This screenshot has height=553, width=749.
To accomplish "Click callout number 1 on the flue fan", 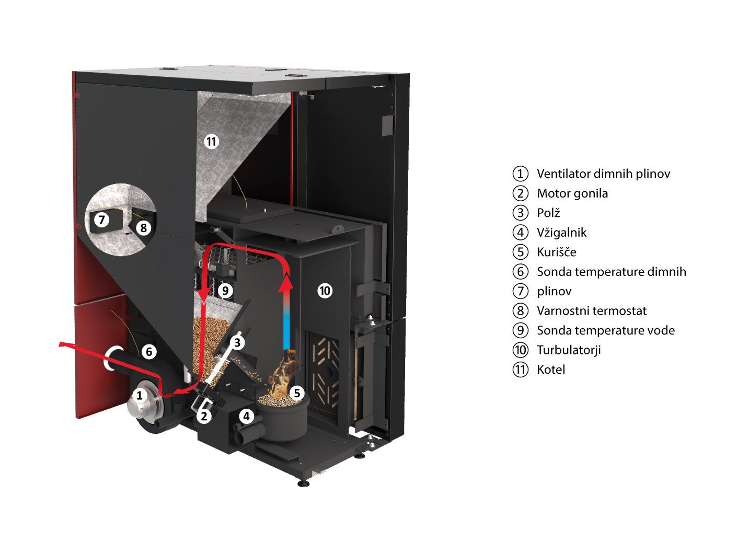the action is pos(139,395).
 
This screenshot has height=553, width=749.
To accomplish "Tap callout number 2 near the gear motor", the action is pos(204,416).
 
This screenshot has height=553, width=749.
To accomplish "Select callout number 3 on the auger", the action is pos(237,342).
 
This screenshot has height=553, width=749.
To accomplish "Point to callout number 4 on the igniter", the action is pos(246,416).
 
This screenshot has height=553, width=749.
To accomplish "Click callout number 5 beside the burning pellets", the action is pos(297,393).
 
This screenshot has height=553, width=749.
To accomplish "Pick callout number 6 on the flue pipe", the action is pos(149,352).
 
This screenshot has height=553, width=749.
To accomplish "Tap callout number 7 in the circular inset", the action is pos(101,220).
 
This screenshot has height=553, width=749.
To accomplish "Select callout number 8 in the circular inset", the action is pos(144,228).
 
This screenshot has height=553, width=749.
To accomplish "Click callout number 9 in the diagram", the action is pos(225,291).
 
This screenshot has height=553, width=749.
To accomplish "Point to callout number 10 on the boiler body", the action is pos(325,291).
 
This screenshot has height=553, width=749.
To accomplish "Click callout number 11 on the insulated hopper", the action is pos(211,141).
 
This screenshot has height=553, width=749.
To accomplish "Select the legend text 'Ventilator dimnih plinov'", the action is pos(604,174).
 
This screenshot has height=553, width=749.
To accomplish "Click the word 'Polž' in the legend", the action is pos(548,213).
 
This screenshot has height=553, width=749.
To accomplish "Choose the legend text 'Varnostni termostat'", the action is pos(592,311).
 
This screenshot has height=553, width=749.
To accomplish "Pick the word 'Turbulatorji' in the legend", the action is pos(569,350).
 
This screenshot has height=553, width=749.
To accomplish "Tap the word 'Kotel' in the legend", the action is pos(551,370).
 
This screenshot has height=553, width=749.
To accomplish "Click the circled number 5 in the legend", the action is pos(521,252).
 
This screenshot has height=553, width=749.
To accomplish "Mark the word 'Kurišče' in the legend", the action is pos(557,252).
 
